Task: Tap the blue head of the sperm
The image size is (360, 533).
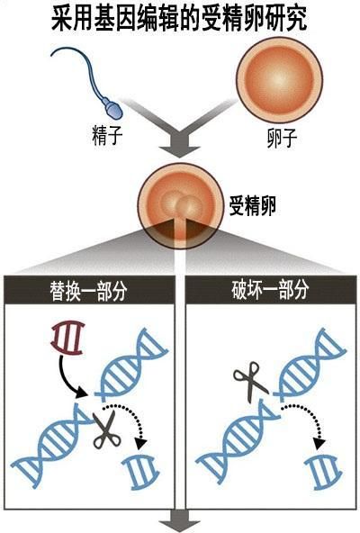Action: click(x=113, y=108)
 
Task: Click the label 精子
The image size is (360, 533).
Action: click(x=107, y=135)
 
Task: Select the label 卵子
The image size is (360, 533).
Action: click(x=282, y=138)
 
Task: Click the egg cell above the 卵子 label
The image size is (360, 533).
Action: click(x=279, y=80)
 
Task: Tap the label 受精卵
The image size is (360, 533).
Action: click(x=252, y=205)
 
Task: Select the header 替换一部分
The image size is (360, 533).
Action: click(x=88, y=291)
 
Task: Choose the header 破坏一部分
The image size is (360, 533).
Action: click(x=270, y=289)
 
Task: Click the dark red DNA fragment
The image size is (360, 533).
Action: click(x=68, y=338)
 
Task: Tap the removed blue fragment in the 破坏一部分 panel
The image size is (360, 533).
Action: click(x=323, y=473)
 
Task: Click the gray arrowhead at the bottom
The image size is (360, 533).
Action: click(x=179, y=526)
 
